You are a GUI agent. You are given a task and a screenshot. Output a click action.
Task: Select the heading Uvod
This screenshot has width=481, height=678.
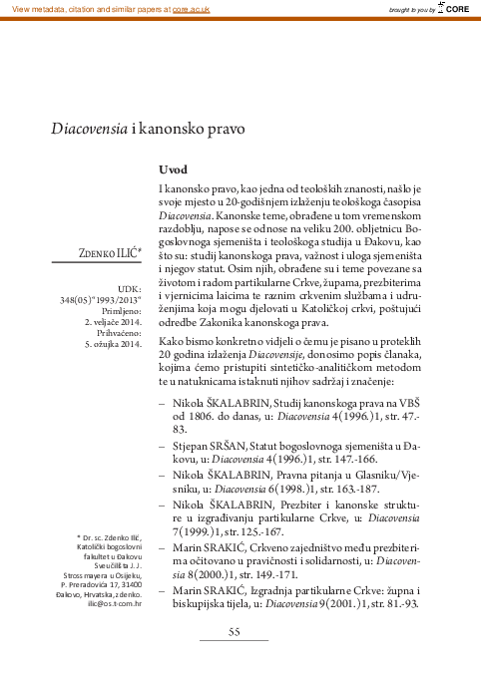coord(173,169)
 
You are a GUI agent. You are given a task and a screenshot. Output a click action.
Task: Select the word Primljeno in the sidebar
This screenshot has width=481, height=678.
coord(121,323)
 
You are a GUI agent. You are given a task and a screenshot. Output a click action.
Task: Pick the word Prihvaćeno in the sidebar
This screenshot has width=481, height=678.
coord(119,348)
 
